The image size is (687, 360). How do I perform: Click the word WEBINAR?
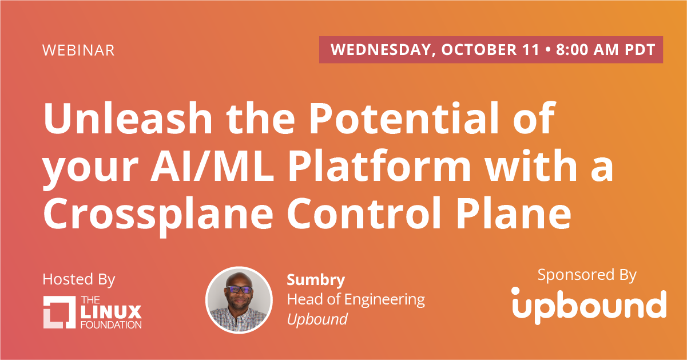pos(78,50)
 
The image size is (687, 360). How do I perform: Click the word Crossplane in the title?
pos(158,216)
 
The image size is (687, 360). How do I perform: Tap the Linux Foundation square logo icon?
pos(59,312)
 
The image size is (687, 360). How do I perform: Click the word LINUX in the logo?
pos(111,312)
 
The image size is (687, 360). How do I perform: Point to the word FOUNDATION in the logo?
pos(111,325)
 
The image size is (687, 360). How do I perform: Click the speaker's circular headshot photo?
pos(239,300)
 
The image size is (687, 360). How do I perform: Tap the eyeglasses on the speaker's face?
pos(239,289)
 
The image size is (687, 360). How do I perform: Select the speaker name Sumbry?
pos(316,280)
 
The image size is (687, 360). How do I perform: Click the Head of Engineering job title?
pos(356,300)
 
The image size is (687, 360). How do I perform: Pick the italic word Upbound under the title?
pos(317,319)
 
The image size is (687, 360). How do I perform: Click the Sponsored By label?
pos(587,275)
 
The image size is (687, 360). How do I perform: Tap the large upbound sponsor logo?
pos(589,306)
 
